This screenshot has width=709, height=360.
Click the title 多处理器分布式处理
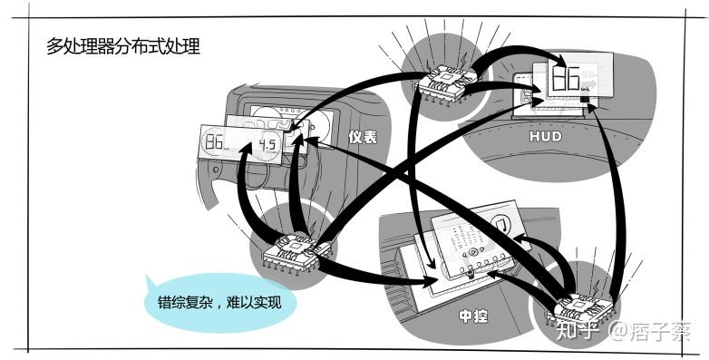[x=123, y=46]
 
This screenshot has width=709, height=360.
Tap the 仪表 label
[x=363, y=137]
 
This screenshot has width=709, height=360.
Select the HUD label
[x=545, y=136]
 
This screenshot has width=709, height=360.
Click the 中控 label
[x=473, y=316]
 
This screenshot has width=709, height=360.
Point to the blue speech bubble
[x=220, y=302]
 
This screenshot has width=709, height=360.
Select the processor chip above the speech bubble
[x=299, y=252]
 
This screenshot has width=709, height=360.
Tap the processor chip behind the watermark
[x=583, y=310]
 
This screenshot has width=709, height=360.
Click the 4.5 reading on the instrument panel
[x=267, y=145]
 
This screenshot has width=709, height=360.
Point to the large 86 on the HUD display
[x=565, y=77]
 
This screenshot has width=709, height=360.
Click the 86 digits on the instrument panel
[x=214, y=143]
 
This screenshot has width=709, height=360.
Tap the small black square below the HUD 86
[x=585, y=99]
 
